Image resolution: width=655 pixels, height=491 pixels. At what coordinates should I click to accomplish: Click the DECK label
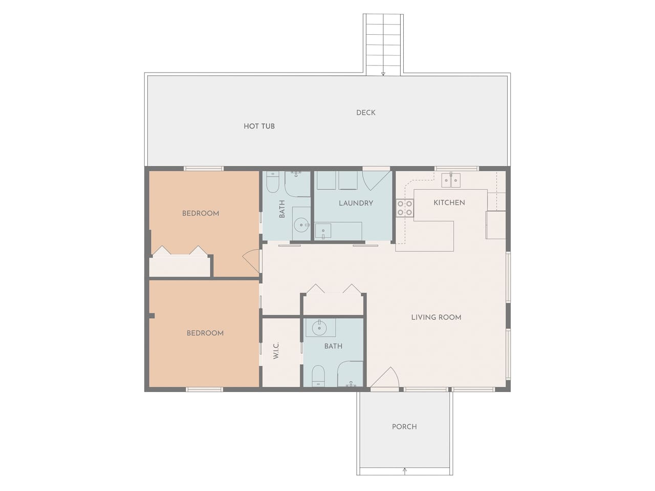click(x=365, y=113)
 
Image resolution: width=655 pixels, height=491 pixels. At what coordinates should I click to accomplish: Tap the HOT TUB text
click(x=259, y=126)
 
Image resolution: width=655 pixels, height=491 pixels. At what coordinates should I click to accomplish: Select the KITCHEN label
click(x=449, y=203)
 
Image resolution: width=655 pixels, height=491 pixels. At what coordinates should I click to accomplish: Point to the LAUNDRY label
click(x=356, y=204)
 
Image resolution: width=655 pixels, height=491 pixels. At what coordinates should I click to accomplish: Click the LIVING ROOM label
click(x=436, y=318)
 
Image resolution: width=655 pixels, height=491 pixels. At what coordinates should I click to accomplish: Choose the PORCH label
click(x=404, y=427)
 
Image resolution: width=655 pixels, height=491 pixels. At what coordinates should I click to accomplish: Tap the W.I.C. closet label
click(x=276, y=350)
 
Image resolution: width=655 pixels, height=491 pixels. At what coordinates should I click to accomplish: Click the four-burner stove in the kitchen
click(x=405, y=208)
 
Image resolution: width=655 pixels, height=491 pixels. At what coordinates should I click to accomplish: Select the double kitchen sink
click(x=451, y=181)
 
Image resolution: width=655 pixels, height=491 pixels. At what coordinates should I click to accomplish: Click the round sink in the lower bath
click(x=319, y=328)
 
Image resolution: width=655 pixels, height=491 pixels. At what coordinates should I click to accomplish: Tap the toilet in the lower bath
click(x=318, y=376)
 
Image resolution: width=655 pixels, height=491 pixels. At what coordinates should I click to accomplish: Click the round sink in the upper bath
click(x=301, y=225)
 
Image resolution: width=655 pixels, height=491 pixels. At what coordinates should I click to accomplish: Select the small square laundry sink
click(x=323, y=231)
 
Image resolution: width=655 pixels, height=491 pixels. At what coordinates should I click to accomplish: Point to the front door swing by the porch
click(x=384, y=377)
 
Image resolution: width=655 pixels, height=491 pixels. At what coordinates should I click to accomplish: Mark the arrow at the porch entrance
click(x=405, y=471)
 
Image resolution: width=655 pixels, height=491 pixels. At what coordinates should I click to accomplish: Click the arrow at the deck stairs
click(x=383, y=74)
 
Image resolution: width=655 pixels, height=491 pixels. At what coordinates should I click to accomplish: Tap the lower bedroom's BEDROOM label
click(x=205, y=333)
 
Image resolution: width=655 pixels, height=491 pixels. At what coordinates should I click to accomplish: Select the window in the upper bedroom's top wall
click(x=204, y=168)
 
